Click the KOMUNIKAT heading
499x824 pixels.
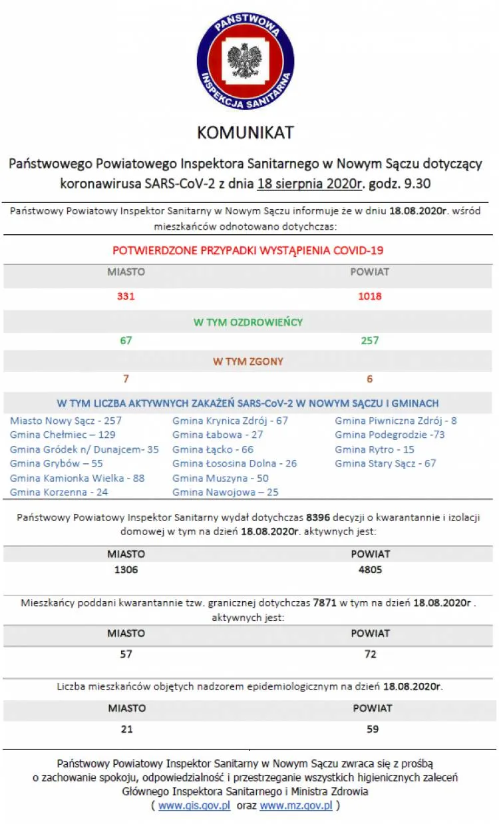(245, 132)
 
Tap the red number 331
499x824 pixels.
(126, 296)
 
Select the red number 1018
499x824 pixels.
(369, 296)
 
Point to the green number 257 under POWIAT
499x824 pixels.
(369, 341)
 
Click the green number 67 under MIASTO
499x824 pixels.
(126, 341)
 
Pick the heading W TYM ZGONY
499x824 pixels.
(248, 361)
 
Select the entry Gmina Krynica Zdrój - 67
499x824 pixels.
(230, 421)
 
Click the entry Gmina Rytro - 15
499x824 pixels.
(374, 449)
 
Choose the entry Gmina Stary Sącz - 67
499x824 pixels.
(385, 463)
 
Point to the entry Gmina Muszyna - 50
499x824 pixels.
(220, 478)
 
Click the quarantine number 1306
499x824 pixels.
(126, 570)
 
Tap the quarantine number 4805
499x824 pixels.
(370, 570)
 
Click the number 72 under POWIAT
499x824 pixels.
(370, 654)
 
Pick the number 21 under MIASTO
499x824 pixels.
(126, 729)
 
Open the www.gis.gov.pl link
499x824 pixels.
(194, 805)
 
